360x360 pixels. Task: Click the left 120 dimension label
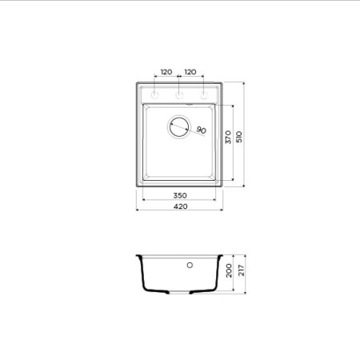click(166, 72)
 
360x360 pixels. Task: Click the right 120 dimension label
click(190, 72)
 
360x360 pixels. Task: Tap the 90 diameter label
click(201, 130)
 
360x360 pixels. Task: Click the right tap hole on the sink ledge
click(204, 94)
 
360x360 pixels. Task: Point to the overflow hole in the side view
click(190, 264)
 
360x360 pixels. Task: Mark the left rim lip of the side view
click(139, 258)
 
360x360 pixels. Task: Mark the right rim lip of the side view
click(220, 258)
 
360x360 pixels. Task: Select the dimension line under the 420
click(180, 211)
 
